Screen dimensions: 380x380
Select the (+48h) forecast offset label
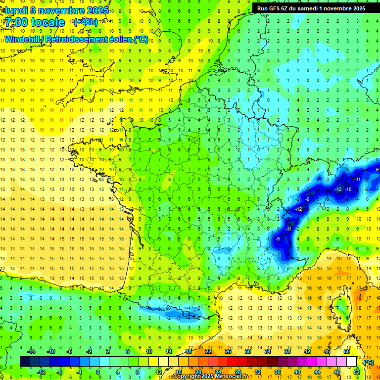(85, 22)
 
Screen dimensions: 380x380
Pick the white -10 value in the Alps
(348, 190)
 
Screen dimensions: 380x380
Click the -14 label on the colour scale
(32, 351)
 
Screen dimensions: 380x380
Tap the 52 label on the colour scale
(357, 372)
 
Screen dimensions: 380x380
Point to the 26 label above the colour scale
(228, 351)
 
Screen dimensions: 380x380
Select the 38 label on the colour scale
(287, 351)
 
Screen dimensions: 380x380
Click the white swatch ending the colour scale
(352, 362)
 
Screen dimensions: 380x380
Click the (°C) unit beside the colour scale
(368, 362)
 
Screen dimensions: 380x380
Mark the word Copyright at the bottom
(187, 377)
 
